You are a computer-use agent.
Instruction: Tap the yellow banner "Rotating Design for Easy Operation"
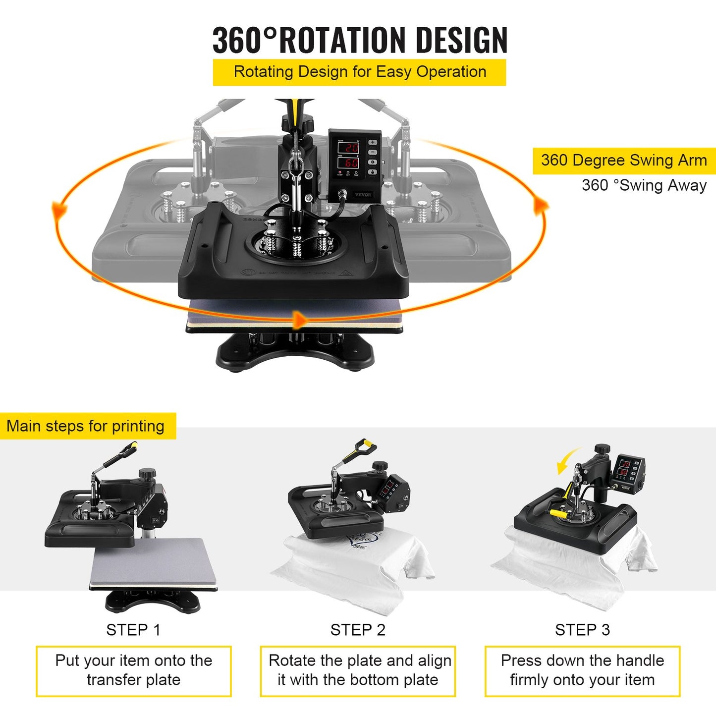point(360,72)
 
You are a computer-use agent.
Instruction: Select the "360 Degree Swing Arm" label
point(624,161)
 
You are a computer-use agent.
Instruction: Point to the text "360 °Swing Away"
point(644,185)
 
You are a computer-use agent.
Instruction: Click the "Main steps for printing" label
point(86,426)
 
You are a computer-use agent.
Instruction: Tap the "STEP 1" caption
point(133,630)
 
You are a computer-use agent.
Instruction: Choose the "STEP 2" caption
point(358,630)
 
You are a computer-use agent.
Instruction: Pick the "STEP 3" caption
point(582,630)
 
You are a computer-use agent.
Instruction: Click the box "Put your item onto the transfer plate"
point(133,670)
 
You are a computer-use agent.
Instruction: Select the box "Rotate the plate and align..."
point(358,670)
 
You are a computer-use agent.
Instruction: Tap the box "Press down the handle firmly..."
point(582,670)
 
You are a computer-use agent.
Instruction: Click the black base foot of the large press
point(295,353)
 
